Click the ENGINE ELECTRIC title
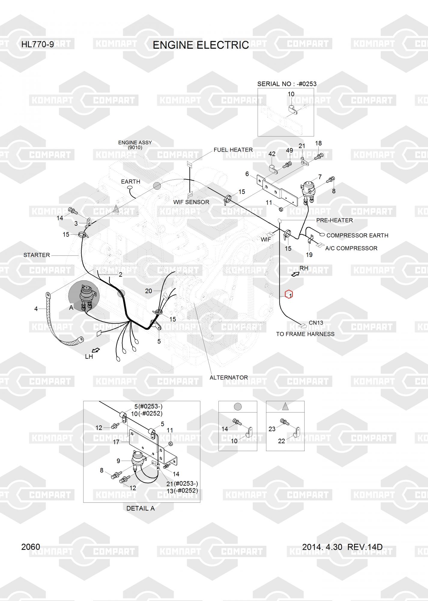click(x=201, y=45)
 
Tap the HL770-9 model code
click(x=38, y=44)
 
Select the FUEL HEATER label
click(x=233, y=150)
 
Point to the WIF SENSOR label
click(x=191, y=202)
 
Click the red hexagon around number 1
click(x=289, y=294)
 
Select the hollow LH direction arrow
click(x=96, y=350)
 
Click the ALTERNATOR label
click(x=229, y=377)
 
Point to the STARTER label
click(x=36, y=255)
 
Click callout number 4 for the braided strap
click(x=36, y=309)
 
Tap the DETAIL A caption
click(x=140, y=508)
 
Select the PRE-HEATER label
click(x=334, y=220)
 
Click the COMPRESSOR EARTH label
click(x=357, y=235)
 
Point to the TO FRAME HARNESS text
click(x=305, y=334)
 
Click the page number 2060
click(x=31, y=547)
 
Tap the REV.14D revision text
click(x=365, y=547)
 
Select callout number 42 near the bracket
click(x=272, y=154)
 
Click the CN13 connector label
click(x=316, y=323)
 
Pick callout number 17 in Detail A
click(x=116, y=442)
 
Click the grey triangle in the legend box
click(x=285, y=407)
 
